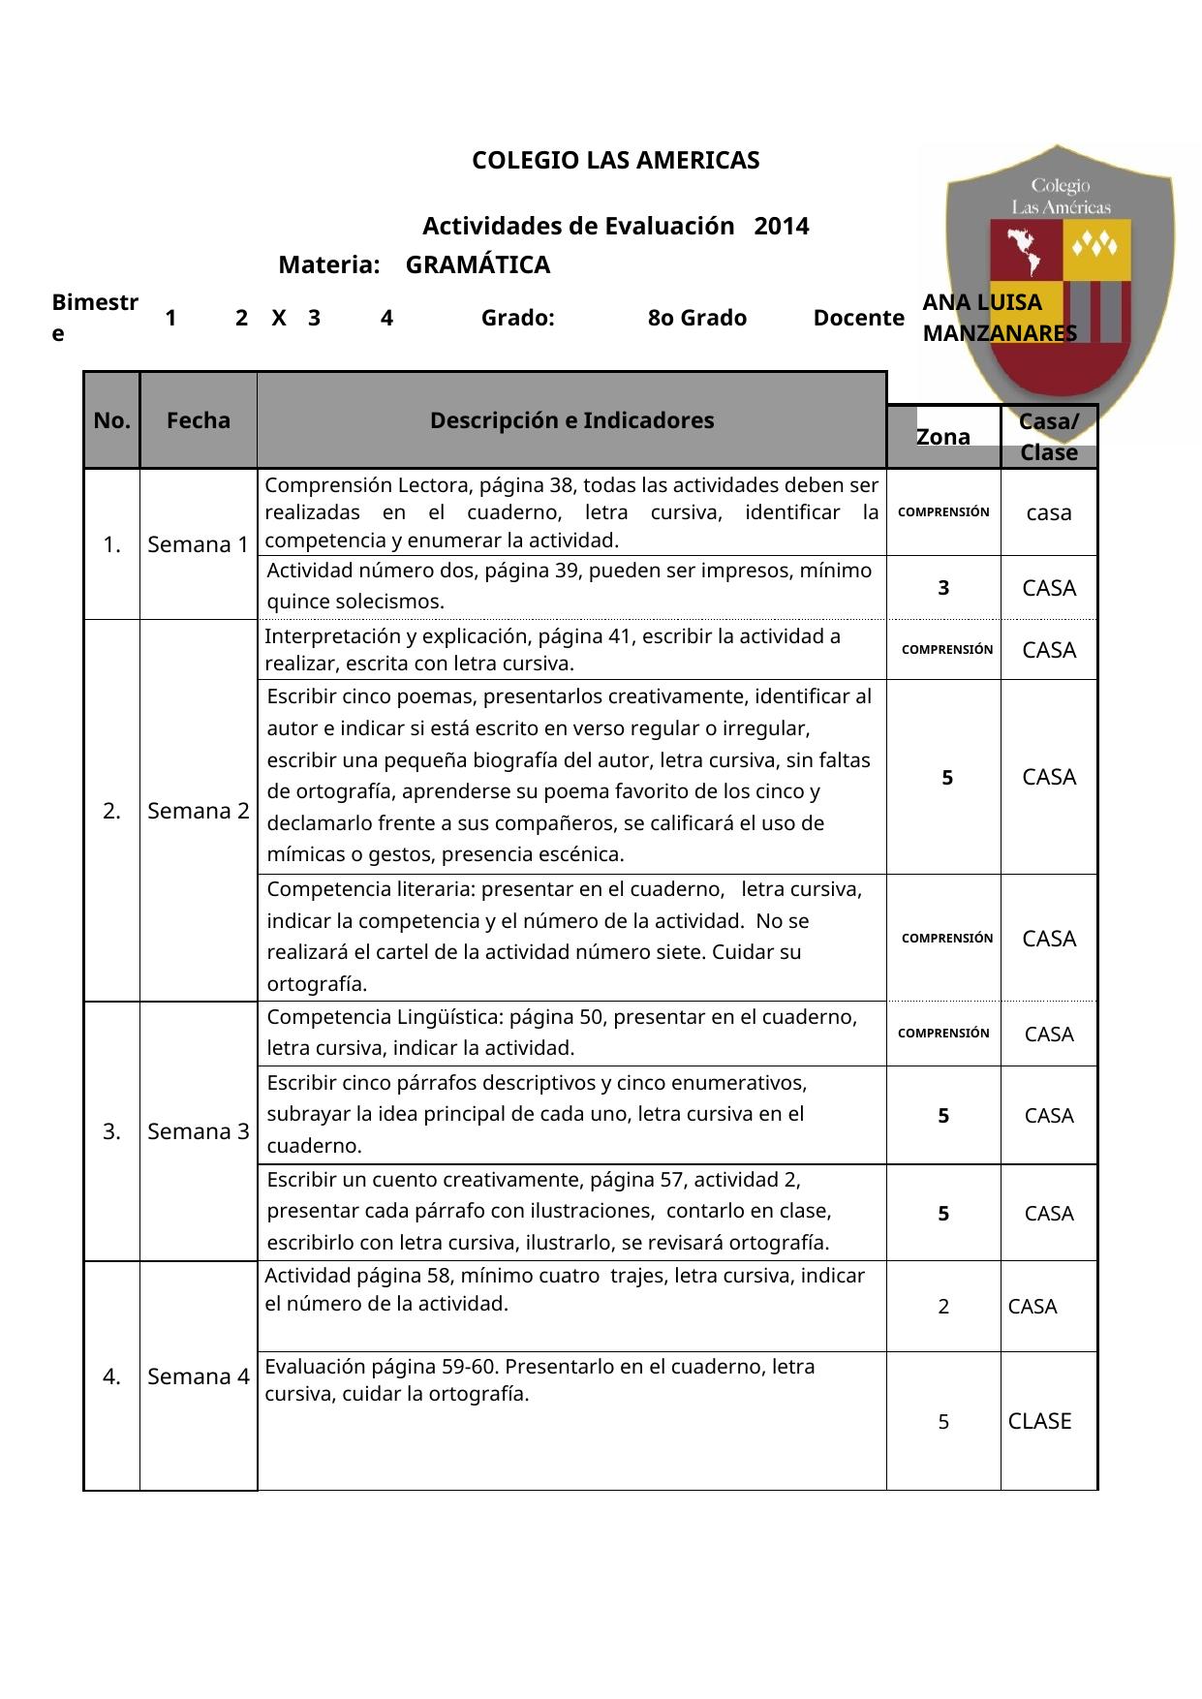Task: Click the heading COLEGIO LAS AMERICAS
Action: (x=615, y=161)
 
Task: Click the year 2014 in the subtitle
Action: (x=781, y=227)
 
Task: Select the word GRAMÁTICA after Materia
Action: (x=478, y=264)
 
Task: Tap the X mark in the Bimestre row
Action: (x=279, y=318)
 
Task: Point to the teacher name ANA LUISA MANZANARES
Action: (x=998, y=318)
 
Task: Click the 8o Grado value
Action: (x=697, y=318)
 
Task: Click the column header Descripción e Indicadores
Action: (x=571, y=420)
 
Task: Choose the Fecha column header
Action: (x=199, y=420)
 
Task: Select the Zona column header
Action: (x=943, y=437)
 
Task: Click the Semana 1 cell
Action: (x=199, y=544)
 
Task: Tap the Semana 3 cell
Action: (x=199, y=1131)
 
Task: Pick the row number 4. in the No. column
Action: (x=112, y=1375)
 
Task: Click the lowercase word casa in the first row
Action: (x=1049, y=513)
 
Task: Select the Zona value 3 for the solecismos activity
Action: (x=943, y=587)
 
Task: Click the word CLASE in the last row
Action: (x=1040, y=1421)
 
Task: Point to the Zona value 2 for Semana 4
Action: (x=943, y=1307)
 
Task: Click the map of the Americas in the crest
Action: (x=1025, y=252)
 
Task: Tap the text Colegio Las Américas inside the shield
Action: (x=1061, y=196)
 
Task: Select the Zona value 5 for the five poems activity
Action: (x=948, y=777)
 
